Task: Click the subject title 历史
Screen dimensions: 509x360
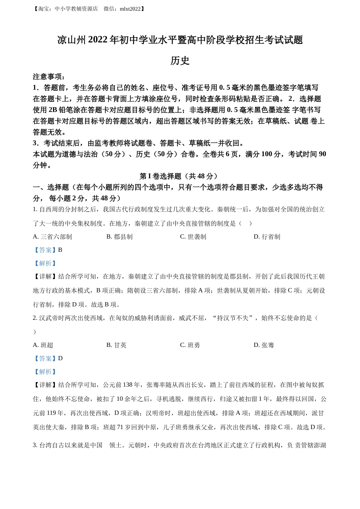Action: coord(180,61)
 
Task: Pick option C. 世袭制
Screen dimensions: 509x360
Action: coord(193,237)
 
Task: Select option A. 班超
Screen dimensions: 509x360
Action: coord(43,345)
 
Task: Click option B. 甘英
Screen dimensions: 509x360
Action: coord(116,345)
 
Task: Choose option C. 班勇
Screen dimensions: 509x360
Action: coord(190,345)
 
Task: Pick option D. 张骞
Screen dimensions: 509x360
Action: coord(264,345)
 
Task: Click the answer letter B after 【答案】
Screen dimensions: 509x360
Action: coord(60,250)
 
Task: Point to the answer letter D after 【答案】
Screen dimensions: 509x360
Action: coord(60,358)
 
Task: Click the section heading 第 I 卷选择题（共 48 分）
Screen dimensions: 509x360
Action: coord(180,176)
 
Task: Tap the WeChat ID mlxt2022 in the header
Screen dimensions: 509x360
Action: coord(130,9)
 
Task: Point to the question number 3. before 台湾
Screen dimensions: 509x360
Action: coord(35,445)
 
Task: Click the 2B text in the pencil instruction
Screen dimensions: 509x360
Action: coord(53,110)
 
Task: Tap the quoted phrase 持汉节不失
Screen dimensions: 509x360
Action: coord(232,318)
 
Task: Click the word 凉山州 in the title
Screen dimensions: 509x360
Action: coord(72,40)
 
